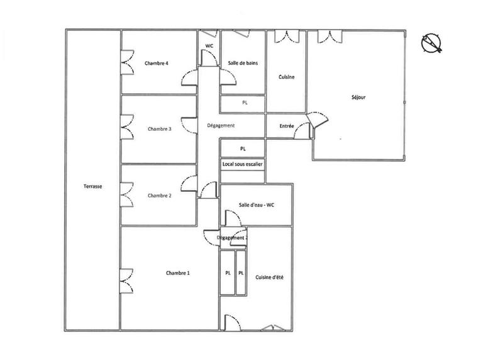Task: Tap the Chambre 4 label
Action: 156,63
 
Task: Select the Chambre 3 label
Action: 159,129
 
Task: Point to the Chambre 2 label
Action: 159,196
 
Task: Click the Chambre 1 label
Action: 178,273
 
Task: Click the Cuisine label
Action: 287,77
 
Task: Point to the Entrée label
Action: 287,126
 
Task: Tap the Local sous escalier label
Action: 242,164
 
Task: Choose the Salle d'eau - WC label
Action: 255,205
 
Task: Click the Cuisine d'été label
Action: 269,277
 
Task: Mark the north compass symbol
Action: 433,42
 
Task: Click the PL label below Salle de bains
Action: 245,103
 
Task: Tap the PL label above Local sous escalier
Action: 242,148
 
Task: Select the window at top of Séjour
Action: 328,36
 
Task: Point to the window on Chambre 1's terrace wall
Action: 126,277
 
